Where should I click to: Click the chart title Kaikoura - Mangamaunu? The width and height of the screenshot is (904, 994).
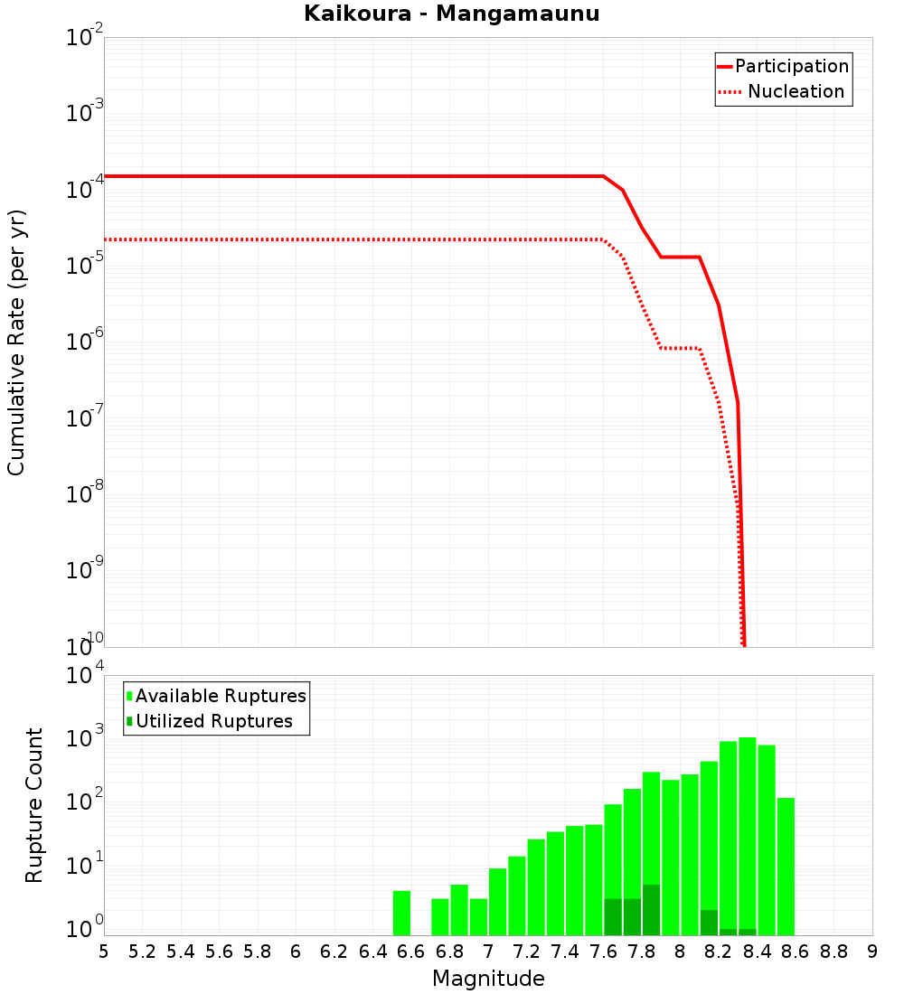pos(451,14)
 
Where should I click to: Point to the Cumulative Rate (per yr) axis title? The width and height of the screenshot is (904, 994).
pos(16,342)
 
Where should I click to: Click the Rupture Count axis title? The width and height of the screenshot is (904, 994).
pos(34,805)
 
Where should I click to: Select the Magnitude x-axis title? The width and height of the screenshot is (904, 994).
pos(488,979)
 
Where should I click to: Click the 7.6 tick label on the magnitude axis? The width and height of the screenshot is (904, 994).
pos(603,952)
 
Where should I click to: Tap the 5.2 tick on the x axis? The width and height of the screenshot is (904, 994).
pos(142,952)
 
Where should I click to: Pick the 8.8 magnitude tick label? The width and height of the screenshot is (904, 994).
pos(833,952)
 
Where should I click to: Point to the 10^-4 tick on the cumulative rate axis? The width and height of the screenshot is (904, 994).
pos(83,190)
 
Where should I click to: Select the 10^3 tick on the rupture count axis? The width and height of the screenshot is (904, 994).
pos(83,735)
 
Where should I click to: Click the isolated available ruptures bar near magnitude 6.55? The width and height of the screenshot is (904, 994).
pos(401,913)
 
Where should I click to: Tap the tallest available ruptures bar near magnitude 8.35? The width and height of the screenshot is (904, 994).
pos(748,831)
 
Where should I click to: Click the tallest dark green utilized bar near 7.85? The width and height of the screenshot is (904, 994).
pos(651,910)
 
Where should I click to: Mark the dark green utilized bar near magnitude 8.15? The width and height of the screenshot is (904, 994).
pos(709,923)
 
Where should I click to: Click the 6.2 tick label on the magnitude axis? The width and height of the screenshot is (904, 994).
pos(334,952)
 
